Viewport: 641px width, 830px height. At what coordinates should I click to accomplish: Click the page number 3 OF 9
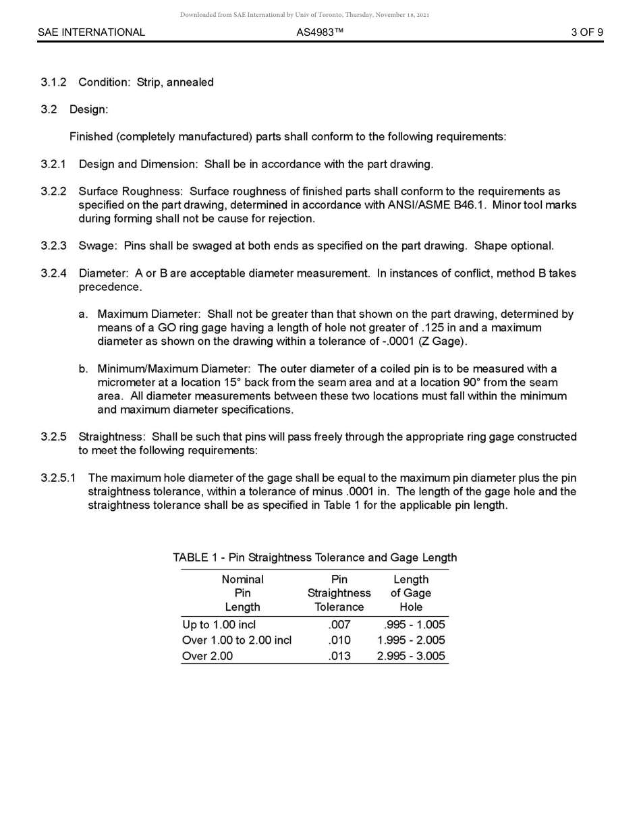click(x=586, y=32)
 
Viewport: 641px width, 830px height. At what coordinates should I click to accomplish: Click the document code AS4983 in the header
click(x=319, y=32)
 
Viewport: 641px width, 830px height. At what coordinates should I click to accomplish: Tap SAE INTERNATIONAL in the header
click(x=91, y=32)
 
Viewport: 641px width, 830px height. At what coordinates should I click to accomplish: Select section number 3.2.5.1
click(x=58, y=478)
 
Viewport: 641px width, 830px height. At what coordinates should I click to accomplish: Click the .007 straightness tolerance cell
click(x=339, y=624)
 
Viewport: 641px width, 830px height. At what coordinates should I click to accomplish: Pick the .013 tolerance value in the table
click(x=339, y=656)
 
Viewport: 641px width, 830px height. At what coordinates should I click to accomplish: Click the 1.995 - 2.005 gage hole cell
click(x=411, y=640)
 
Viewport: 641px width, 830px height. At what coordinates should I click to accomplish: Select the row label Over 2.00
click(x=207, y=656)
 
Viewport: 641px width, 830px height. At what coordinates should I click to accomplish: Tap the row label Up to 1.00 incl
click(x=219, y=624)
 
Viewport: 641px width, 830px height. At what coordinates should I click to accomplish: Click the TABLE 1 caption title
click(x=314, y=557)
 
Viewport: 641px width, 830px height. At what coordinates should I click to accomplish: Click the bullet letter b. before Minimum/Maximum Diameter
click(x=83, y=368)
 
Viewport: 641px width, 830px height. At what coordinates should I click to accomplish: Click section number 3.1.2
click(x=53, y=82)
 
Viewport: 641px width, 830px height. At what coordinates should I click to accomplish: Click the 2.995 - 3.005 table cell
click(x=411, y=656)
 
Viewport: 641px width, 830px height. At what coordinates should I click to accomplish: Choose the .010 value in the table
click(x=339, y=640)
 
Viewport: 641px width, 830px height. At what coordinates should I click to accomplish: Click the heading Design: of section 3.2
click(x=88, y=109)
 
